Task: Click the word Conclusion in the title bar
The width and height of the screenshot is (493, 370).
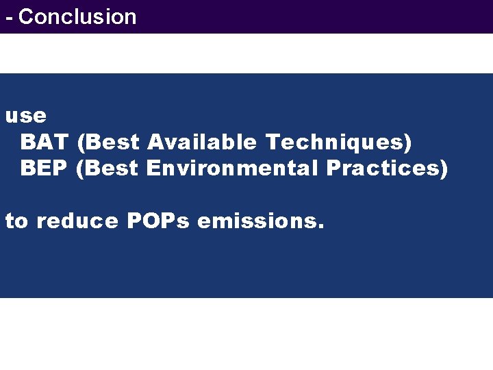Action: click(x=77, y=16)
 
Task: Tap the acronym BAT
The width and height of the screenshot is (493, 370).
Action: click(x=45, y=142)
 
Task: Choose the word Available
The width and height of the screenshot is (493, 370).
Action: click(x=202, y=142)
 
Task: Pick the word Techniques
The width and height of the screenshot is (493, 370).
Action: click(x=336, y=143)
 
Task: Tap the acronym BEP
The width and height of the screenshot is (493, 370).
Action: click(x=45, y=168)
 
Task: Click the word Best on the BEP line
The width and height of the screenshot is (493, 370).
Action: click(x=112, y=168)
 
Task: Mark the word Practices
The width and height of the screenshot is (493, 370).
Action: click(x=383, y=168)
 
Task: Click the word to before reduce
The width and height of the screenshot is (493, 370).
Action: click(x=16, y=221)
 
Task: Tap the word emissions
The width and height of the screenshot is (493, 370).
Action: click(x=255, y=221)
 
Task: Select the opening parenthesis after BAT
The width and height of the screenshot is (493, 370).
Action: click(x=82, y=143)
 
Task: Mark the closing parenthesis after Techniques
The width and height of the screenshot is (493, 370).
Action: click(x=408, y=143)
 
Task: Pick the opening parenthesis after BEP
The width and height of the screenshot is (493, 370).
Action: click(x=81, y=169)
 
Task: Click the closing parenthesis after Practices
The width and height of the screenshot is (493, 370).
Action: click(x=444, y=169)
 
